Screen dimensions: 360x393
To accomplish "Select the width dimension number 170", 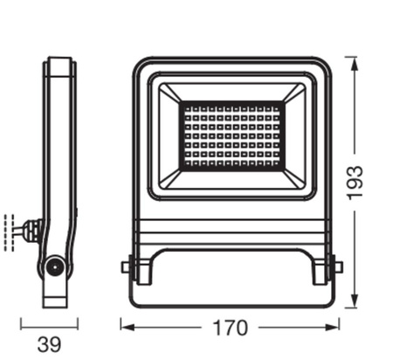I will [230, 329].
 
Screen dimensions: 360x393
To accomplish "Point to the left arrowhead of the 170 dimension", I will [125, 329].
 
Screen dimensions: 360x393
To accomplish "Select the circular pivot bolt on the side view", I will [55, 267].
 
